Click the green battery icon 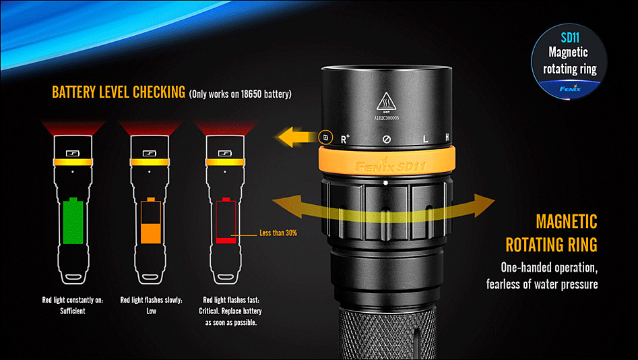click(x=73, y=220)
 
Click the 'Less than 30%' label click(x=278, y=233)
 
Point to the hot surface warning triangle click(x=386, y=101)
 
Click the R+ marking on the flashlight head click(x=345, y=139)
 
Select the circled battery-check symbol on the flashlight click(x=325, y=138)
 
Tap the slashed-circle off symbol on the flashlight click(x=387, y=140)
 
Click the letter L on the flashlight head click(x=425, y=139)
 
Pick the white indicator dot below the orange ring click(x=385, y=183)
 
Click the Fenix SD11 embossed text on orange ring click(x=390, y=167)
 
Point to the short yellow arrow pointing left click(x=297, y=137)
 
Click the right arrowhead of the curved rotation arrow click(x=483, y=205)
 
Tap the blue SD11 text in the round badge click(x=570, y=38)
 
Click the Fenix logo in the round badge click(x=570, y=88)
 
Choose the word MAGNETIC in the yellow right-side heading click(x=567, y=222)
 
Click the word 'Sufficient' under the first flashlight click(x=73, y=311)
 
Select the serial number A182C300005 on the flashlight click(x=387, y=118)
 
